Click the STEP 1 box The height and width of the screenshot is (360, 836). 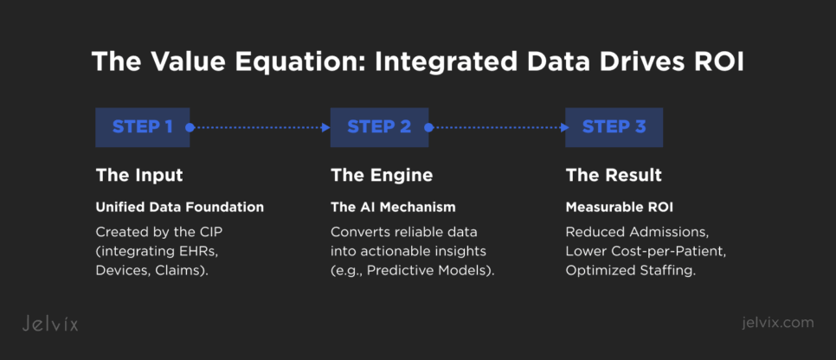(142, 127)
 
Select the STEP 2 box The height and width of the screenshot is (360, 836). (378, 127)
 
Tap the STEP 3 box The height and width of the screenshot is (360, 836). (614, 127)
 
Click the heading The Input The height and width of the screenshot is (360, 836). (138, 176)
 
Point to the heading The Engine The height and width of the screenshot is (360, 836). (382, 176)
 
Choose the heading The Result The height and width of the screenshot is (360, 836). (614, 176)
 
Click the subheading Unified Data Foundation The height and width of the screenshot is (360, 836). (179, 208)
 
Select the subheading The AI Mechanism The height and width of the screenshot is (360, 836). (393, 208)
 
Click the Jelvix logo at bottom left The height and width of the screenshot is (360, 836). (49, 324)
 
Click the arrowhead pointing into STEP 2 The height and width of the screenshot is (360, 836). (326, 127)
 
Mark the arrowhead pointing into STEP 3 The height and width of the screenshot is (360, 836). (562, 127)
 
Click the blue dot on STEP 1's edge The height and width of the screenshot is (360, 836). (190, 127)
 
